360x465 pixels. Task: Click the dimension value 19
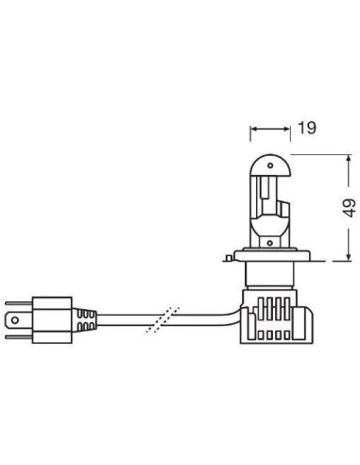(x=307, y=128)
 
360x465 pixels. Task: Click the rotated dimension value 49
(x=349, y=208)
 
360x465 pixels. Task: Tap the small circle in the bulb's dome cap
(x=270, y=165)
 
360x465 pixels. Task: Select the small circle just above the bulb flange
(x=270, y=243)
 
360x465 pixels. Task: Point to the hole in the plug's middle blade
(x=14, y=320)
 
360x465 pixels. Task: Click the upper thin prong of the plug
(x=19, y=303)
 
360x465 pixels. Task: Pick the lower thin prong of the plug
(x=19, y=337)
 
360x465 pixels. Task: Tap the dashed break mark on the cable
(x=163, y=319)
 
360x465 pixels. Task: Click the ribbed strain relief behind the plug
(x=84, y=320)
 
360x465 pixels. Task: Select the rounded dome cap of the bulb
(x=270, y=164)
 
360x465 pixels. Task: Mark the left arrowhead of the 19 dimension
(x=253, y=129)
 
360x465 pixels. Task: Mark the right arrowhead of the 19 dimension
(x=286, y=129)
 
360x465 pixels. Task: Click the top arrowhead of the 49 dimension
(x=348, y=158)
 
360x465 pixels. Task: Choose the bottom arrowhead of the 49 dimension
(x=348, y=257)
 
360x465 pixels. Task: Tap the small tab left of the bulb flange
(x=229, y=258)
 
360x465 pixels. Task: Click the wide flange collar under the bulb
(x=271, y=255)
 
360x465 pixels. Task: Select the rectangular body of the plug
(x=52, y=320)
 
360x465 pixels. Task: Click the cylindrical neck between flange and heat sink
(x=270, y=275)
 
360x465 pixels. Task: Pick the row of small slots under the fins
(x=273, y=335)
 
